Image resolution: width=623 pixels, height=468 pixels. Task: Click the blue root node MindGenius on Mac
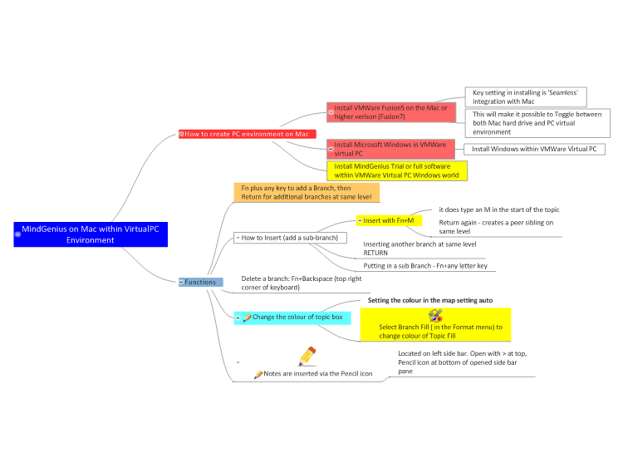pyautogui.click(x=91, y=234)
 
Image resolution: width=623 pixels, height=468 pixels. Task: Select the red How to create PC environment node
pyautogui.click(x=248, y=134)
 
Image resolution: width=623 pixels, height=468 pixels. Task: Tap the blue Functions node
pyautogui.click(x=201, y=282)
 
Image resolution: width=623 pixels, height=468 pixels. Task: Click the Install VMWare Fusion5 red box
pyautogui.click(x=391, y=112)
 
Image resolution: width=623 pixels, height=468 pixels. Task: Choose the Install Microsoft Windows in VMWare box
pyautogui.click(x=390, y=149)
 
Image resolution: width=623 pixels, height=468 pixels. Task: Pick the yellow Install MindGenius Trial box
pyautogui.click(x=397, y=170)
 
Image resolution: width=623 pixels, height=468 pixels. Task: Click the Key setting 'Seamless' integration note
pyautogui.click(x=526, y=97)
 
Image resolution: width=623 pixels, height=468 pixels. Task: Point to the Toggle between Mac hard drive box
pyautogui.click(x=537, y=123)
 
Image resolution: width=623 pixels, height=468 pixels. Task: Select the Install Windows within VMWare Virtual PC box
pyautogui.click(x=534, y=149)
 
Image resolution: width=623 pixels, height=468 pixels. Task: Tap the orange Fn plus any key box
pyautogui.click(x=307, y=193)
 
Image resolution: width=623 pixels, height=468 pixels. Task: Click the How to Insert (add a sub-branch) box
pyautogui.click(x=290, y=238)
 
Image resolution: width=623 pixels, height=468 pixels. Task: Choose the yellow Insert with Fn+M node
pyautogui.click(x=389, y=220)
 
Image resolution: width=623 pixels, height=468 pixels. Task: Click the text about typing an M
pyautogui.click(x=499, y=209)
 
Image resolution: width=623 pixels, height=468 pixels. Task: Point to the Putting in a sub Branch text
pyautogui.click(x=425, y=266)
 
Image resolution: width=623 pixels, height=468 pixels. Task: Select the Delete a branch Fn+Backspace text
pyautogui.click(x=302, y=283)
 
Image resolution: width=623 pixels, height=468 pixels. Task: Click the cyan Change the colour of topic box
pyautogui.click(x=292, y=318)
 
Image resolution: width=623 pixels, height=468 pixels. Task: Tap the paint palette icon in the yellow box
pyautogui.click(x=435, y=316)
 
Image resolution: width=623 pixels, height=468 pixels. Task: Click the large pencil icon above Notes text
pyautogui.click(x=307, y=357)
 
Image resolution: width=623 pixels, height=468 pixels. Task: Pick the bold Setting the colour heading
pyautogui.click(x=430, y=300)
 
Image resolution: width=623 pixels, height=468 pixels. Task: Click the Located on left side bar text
pyautogui.click(x=463, y=362)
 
